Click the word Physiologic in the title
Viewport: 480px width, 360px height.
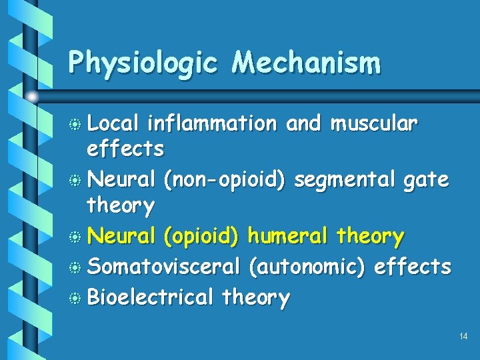(x=143, y=63)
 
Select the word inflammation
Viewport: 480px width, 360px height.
(x=211, y=123)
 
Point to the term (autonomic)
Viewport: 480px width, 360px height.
(x=306, y=266)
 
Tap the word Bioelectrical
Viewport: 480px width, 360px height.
(x=150, y=297)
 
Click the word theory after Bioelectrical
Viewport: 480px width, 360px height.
(x=257, y=297)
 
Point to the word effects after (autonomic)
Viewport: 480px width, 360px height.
(x=413, y=266)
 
